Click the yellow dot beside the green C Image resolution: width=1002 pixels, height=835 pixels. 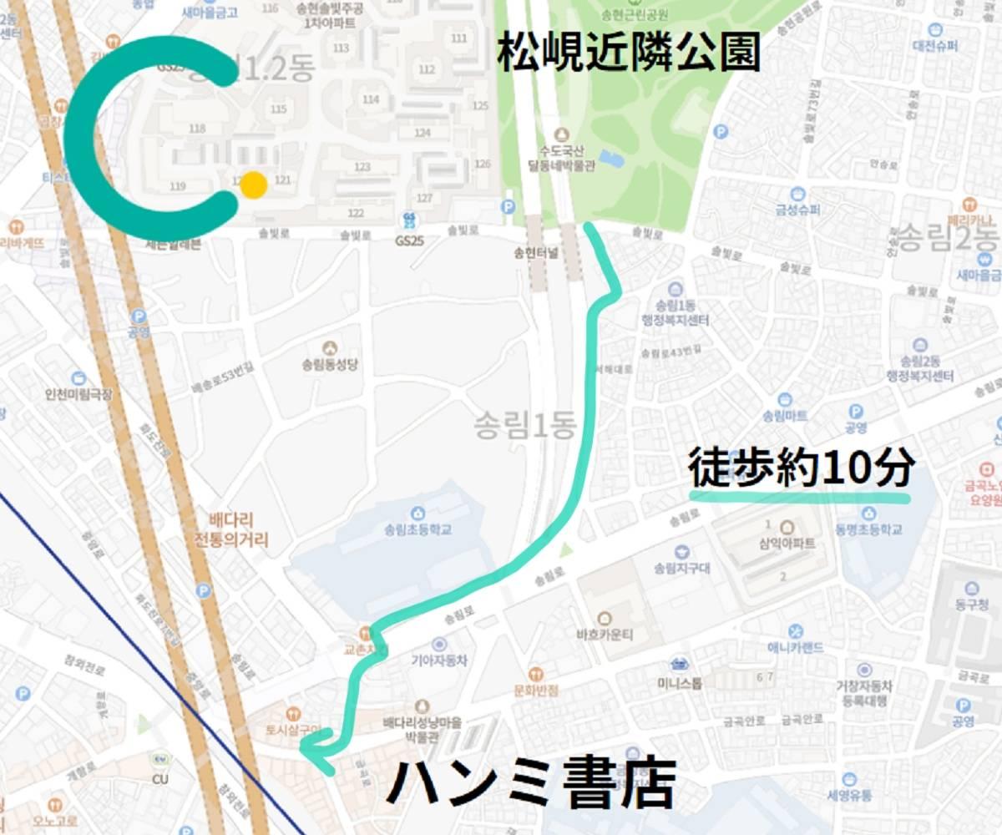coord(252,185)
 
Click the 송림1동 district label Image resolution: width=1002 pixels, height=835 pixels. coord(524,427)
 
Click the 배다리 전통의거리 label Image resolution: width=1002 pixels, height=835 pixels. coord(235,529)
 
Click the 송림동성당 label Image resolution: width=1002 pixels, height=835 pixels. coord(330,365)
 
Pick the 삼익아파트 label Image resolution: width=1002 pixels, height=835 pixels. coord(786,544)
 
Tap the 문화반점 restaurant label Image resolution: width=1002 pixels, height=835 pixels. coord(536,690)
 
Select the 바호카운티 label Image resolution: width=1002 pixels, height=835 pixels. coord(605,633)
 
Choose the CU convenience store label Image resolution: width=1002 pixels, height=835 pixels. coord(160,779)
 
